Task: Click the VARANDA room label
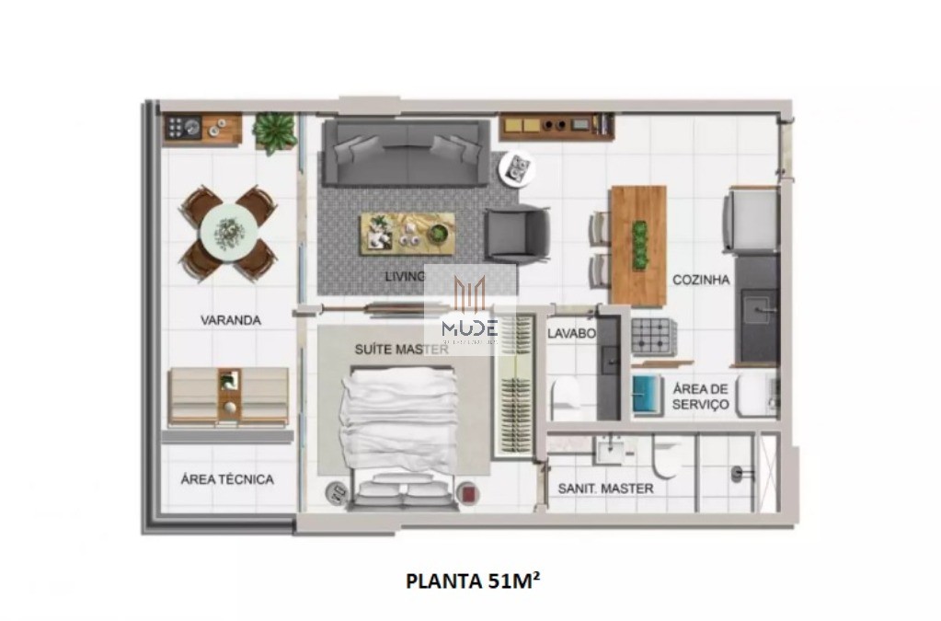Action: click(x=231, y=320)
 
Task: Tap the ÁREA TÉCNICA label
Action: click(x=226, y=479)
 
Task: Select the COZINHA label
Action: click(x=701, y=280)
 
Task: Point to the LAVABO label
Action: click(x=571, y=333)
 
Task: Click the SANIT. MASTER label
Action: click(x=605, y=489)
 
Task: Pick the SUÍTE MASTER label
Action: click(x=401, y=350)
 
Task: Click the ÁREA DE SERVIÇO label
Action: click(x=700, y=397)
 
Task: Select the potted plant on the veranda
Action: click(x=275, y=132)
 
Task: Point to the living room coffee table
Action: click(x=407, y=232)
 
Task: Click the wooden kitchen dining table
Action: click(x=637, y=245)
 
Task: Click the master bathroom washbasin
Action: click(x=611, y=451)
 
